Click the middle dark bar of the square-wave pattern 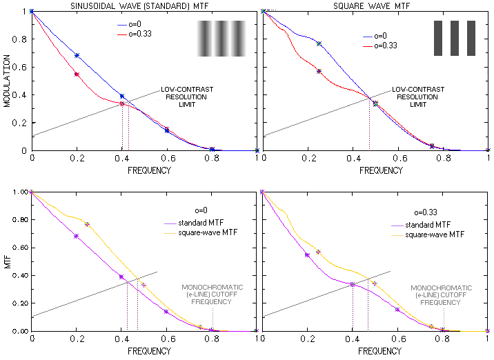point(455,39)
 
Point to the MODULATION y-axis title point(6,81)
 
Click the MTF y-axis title point(6,262)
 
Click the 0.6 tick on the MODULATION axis point(21,67)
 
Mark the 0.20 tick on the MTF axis point(19,303)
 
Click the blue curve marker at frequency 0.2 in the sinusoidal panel point(77,55)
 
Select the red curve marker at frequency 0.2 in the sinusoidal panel point(77,74)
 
